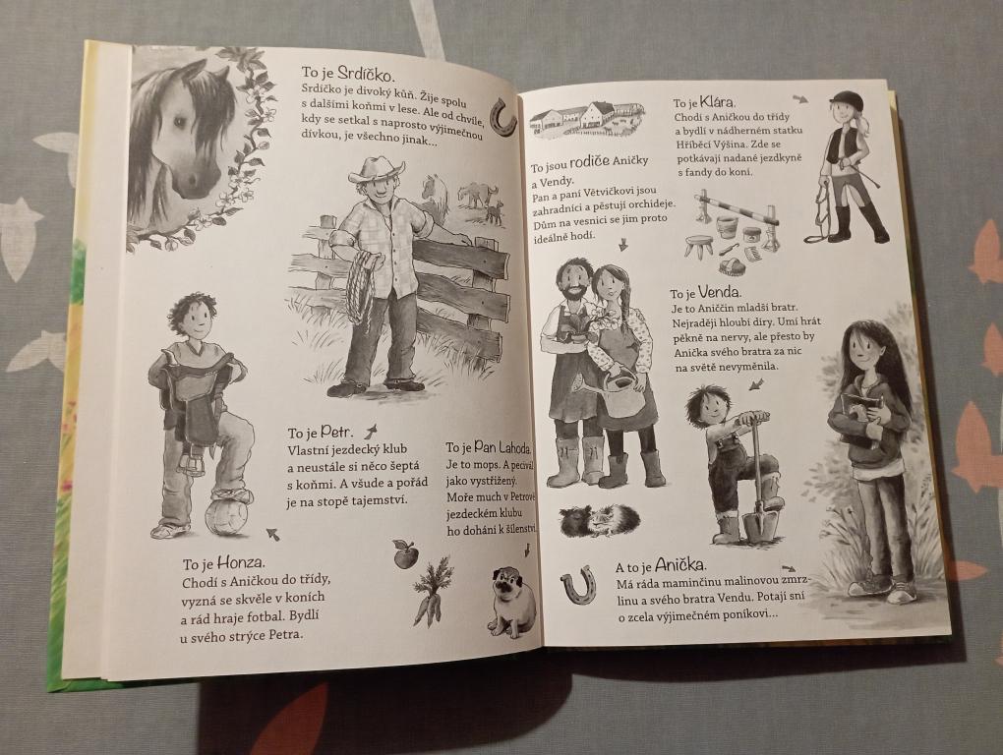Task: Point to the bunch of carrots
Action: point(432,593)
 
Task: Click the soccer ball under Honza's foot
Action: point(227,517)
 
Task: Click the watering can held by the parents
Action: point(618,394)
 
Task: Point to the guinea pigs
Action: point(600,521)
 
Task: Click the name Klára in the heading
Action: point(717,101)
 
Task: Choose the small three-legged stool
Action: point(699,246)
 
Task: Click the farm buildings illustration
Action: point(585,120)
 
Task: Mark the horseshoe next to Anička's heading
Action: point(579,585)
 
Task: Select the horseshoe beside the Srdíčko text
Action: point(502,117)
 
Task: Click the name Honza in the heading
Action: point(241,563)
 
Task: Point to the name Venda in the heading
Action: point(719,293)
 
